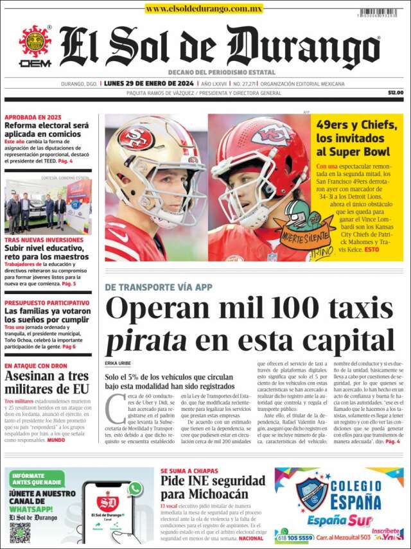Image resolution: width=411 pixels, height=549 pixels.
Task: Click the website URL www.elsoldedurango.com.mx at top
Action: (x=204, y=8)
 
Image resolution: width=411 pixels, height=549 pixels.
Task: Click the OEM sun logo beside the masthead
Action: (x=35, y=42)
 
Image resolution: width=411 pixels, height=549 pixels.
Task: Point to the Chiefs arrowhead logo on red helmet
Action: (x=274, y=134)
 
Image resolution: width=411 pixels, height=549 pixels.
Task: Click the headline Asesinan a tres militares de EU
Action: (x=47, y=383)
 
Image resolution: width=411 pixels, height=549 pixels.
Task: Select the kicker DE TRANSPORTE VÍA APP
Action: (x=158, y=287)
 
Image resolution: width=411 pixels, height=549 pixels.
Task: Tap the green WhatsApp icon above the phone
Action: (x=134, y=489)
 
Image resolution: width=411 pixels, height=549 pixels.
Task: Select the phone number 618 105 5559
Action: (x=297, y=537)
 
